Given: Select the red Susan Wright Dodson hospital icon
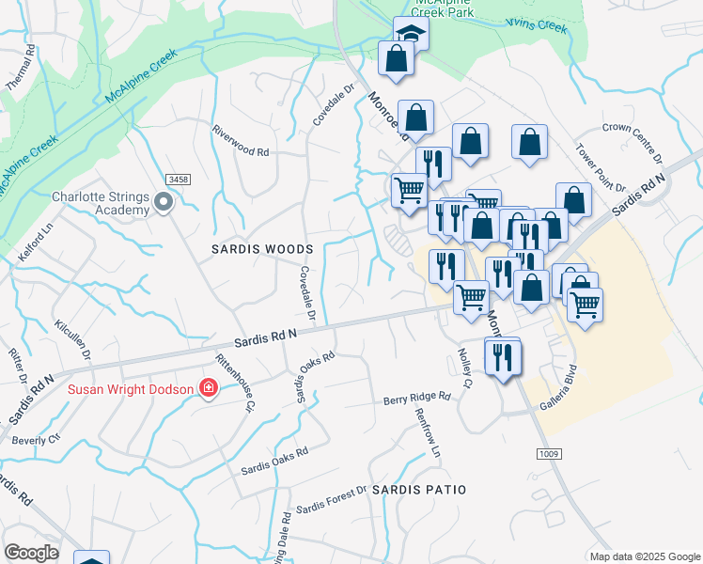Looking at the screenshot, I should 208,387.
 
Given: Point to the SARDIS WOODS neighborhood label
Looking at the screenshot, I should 262,249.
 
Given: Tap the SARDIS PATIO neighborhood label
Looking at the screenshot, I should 419,491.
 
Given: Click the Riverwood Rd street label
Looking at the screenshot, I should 241,140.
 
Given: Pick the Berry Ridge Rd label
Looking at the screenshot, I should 416,399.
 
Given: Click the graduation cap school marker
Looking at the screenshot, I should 411,34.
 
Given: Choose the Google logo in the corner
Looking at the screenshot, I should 31,553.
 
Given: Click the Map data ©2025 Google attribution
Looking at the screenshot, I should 644,556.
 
